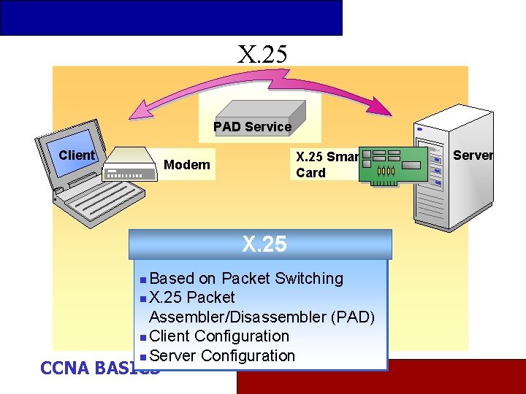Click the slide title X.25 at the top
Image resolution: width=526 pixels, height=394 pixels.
pyautogui.click(x=262, y=53)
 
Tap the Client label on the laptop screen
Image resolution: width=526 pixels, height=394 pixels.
pyautogui.click(x=76, y=155)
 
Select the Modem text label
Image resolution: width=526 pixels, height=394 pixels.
pyautogui.click(x=186, y=165)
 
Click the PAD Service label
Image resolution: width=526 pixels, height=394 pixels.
pyautogui.click(x=252, y=127)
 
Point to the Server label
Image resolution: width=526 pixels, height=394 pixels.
pyautogui.click(x=473, y=155)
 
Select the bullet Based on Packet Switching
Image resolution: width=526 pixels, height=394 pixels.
pyautogui.click(x=245, y=279)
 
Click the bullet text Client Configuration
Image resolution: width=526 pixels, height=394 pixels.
pyautogui.click(x=218, y=336)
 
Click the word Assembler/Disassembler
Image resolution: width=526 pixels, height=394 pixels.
pyautogui.click(x=237, y=317)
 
